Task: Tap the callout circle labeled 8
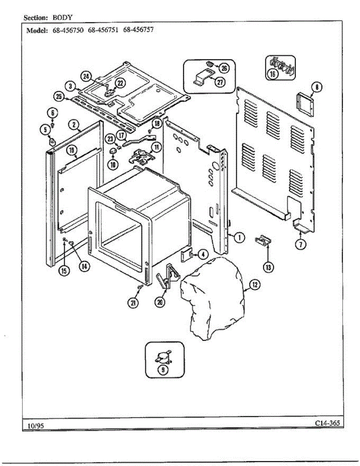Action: (x=317, y=87)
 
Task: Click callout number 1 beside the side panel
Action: (x=240, y=237)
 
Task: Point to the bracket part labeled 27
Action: (x=203, y=79)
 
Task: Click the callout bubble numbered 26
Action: (x=224, y=68)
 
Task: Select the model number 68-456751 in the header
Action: (x=103, y=30)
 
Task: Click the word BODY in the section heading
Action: (x=63, y=17)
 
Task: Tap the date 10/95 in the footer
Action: (x=35, y=426)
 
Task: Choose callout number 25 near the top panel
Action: (x=59, y=97)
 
